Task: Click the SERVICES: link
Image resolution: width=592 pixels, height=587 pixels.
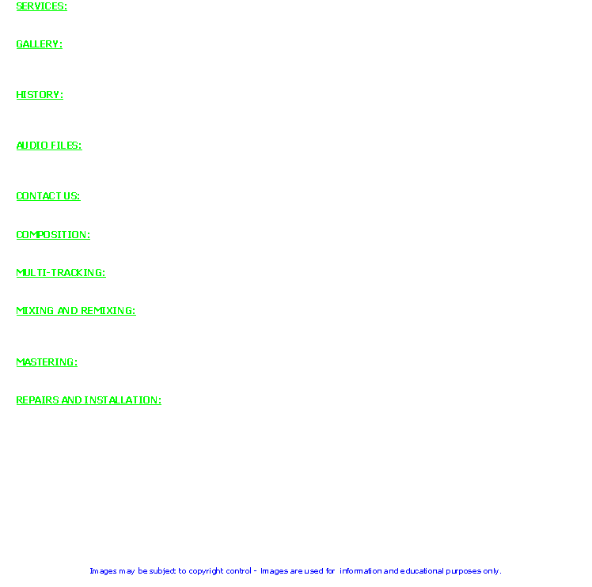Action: click(41, 6)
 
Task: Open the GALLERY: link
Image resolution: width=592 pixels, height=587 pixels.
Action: click(40, 44)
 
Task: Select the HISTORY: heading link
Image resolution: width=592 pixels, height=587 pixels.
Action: click(40, 95)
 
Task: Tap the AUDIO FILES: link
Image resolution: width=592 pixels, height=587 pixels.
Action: click(49, 146)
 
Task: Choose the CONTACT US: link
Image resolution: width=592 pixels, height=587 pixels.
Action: click(48, 196)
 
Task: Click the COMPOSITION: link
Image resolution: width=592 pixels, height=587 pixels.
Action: click(53, 235)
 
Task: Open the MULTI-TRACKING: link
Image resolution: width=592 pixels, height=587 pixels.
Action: click(61, 273)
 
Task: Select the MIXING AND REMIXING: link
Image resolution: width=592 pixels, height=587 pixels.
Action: click(76, 311)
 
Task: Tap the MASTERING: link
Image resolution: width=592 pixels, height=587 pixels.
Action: click(47, 362)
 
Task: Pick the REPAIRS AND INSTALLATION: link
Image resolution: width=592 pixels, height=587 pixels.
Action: click(89, 400)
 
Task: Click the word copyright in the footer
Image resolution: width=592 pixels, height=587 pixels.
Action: click(206, 571)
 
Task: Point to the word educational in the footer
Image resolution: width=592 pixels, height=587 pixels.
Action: click(422, 570)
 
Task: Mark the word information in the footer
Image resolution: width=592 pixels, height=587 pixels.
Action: click(361, 570)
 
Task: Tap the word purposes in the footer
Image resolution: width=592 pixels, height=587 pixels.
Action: click(464, 571)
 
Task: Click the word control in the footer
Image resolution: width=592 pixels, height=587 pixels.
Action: click(238, 570)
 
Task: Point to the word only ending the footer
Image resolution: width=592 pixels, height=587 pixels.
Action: click(491, 571)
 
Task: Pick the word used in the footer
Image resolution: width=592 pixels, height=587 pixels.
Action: click(314, 570)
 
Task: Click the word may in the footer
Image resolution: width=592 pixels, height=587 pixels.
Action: click(127, 571)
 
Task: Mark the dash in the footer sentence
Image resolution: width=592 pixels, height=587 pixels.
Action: click(256, 571)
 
